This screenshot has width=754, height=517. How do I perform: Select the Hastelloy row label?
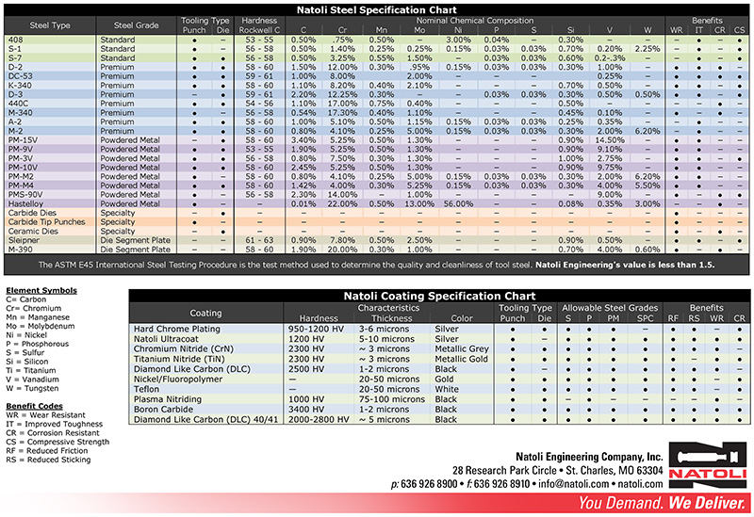pos(26,203)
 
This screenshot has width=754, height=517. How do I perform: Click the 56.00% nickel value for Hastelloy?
pos(459,203)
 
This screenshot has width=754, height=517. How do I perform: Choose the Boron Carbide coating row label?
pos(166,410)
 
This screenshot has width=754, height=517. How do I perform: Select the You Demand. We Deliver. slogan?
pos(661,503)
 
